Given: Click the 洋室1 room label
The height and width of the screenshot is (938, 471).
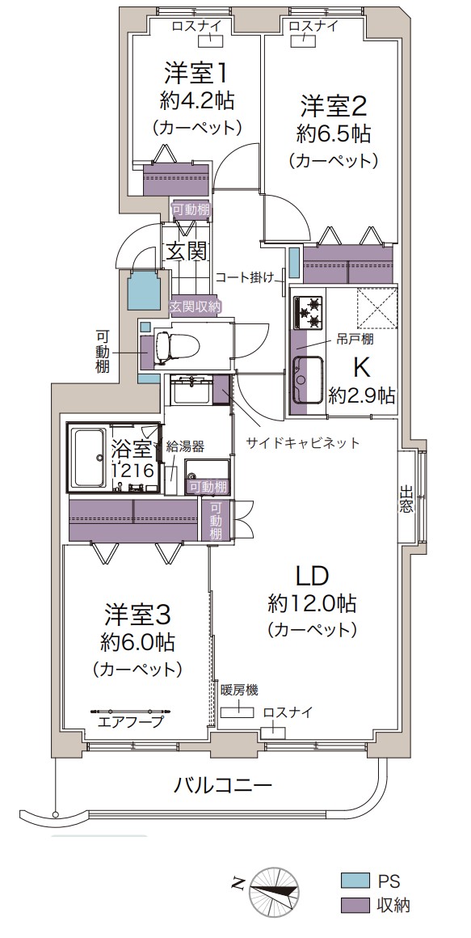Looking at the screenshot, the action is click(196, 74).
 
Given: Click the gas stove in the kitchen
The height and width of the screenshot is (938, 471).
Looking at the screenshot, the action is click(308, 311).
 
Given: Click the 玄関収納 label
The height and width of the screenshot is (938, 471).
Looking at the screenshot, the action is click(196, 306).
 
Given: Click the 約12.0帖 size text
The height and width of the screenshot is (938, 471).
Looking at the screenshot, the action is click(312, 603).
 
